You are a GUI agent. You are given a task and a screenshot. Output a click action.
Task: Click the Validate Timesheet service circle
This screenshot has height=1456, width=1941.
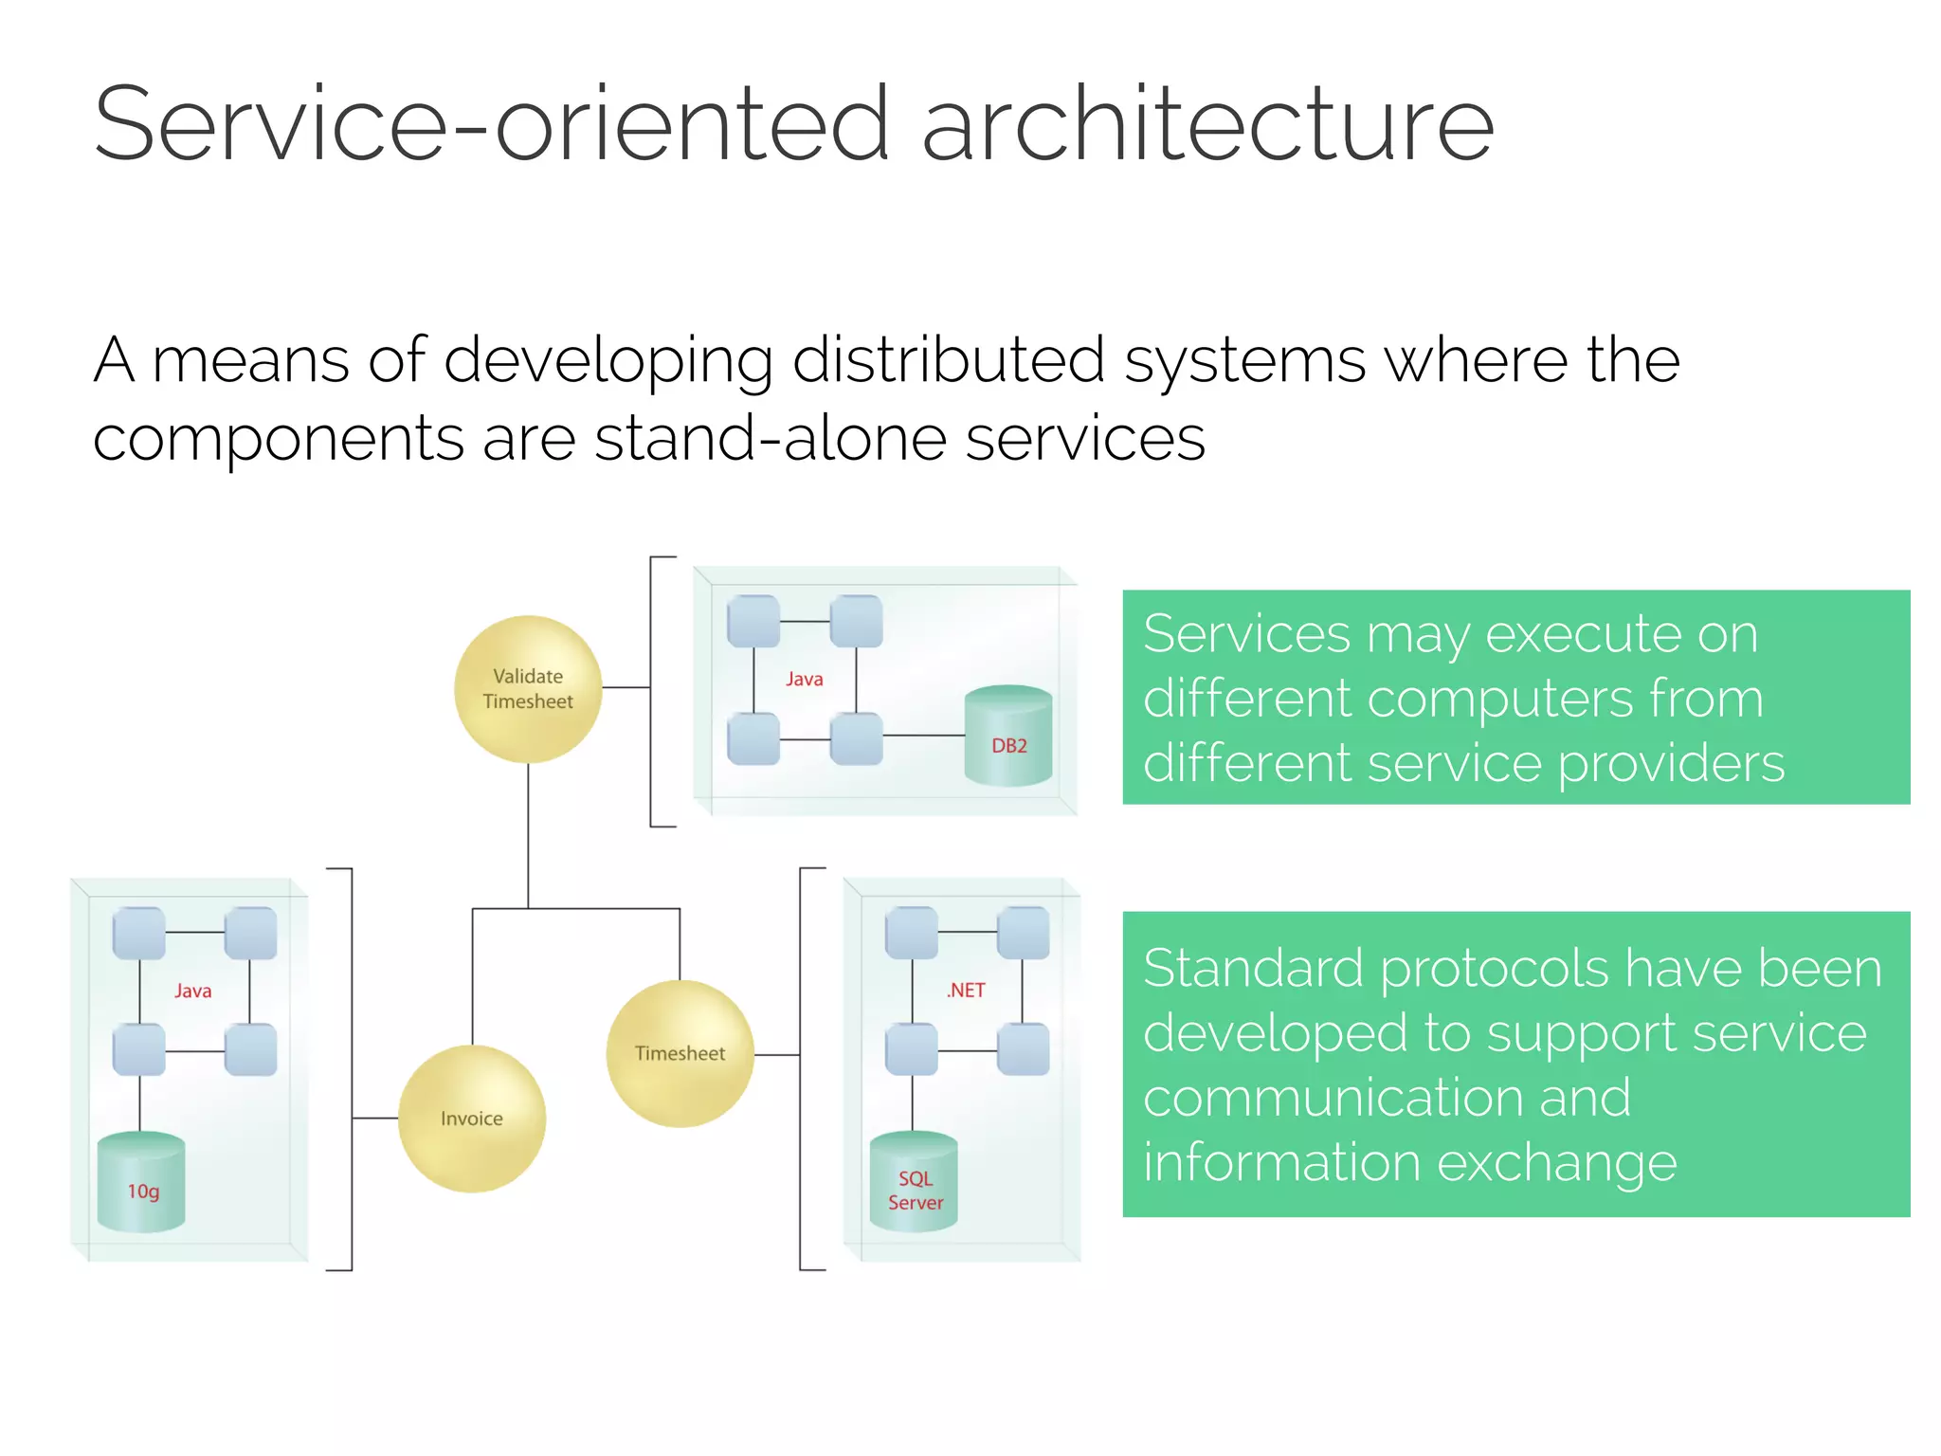point(528,689)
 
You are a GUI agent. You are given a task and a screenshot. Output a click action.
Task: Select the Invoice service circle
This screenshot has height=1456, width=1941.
point(471,1119)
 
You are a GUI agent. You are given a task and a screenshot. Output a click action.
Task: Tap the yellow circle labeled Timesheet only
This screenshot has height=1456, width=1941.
point(680,1053)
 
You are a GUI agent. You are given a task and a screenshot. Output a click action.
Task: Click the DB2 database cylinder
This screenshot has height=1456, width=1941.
point(1008,737)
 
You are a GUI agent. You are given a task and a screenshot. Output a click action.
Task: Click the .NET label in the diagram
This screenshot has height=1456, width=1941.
point(966,990)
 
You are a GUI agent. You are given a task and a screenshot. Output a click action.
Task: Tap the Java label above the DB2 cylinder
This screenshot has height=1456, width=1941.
point(804,679)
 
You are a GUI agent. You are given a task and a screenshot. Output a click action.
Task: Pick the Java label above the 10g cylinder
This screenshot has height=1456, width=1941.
point(192,991)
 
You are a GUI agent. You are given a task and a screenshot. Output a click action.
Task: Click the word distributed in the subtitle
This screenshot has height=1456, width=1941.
point(948,360)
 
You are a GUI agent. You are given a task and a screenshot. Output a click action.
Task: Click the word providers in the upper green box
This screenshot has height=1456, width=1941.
point(1670,764)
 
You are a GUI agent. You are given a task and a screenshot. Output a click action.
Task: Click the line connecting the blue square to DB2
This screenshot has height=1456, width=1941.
point(923,735)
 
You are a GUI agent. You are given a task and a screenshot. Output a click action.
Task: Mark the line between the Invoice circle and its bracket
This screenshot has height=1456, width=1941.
point(375,1119)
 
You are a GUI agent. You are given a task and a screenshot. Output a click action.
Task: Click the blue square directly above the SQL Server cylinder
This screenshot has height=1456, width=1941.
point(912,1049)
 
